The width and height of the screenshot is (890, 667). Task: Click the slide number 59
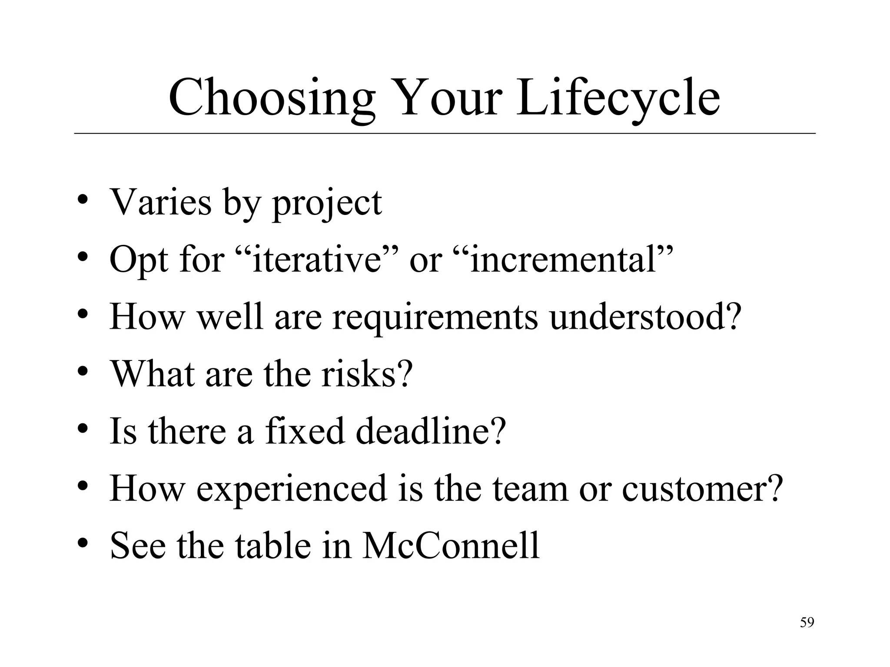click(x=807, y=623)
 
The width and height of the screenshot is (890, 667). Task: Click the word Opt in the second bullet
click(x=139, y=260)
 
